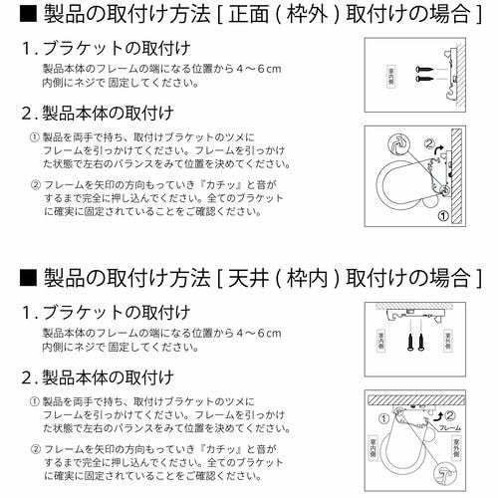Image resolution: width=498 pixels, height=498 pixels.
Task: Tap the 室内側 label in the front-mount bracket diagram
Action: (x=390, y=76)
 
